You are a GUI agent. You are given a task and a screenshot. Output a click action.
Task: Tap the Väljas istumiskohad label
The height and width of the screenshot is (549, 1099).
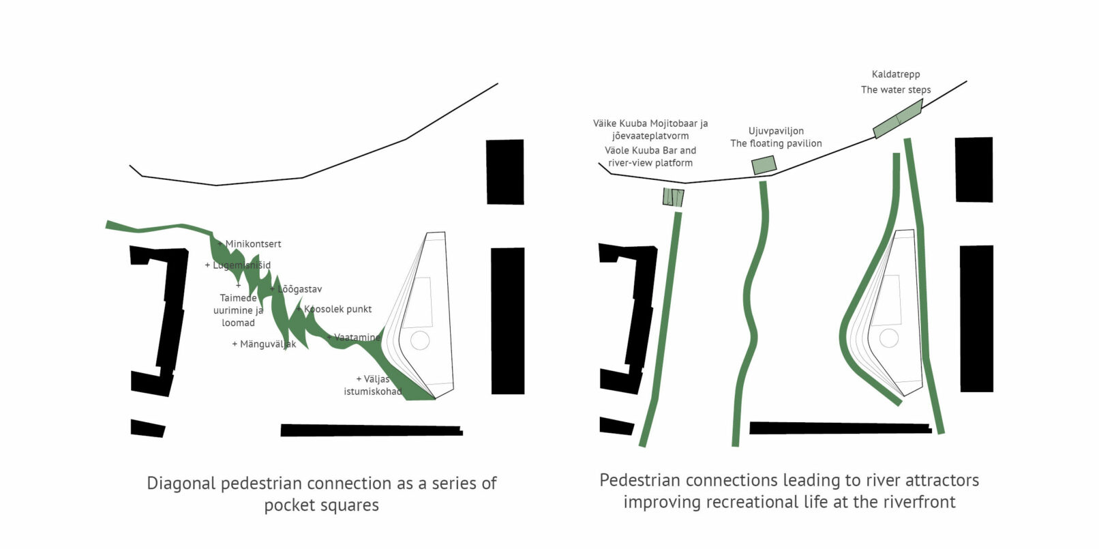click(373, 385)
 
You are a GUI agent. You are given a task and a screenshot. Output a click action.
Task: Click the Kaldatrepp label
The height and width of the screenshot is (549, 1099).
click(896, 74)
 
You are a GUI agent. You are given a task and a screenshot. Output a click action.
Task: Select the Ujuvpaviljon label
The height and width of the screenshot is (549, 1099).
click(776, 131)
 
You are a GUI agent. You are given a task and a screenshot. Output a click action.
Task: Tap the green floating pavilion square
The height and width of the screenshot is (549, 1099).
click(764, 165)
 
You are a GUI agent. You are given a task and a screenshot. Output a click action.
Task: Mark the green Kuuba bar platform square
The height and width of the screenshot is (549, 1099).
click(673, 197)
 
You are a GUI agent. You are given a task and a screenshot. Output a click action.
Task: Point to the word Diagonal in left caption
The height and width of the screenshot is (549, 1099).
click(181, 484)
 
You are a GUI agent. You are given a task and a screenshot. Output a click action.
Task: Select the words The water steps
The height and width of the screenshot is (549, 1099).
click(896, 90)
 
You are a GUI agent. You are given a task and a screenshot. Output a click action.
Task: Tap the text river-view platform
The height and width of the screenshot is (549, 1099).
click(650, 163)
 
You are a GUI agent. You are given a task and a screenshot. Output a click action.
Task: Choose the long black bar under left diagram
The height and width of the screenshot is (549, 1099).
click(372, 430)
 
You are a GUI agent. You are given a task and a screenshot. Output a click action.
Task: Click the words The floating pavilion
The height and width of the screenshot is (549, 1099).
click(776, 143)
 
